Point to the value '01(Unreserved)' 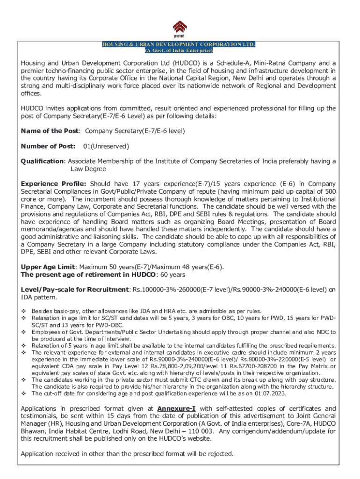point(106,146)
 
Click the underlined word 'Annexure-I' point(176,409)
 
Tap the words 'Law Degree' point(88,169)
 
